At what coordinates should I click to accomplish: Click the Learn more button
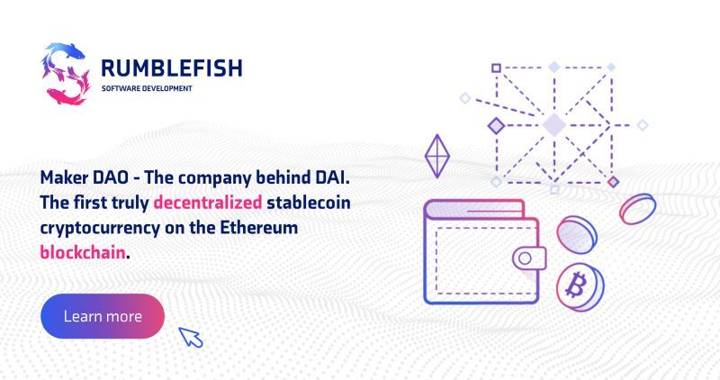coord(103,316)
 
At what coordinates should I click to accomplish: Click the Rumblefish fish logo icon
coord(65,74)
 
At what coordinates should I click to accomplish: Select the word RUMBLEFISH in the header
coord(172,68)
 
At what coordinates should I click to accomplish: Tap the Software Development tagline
coord(147,88)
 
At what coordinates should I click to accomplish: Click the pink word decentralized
coord(208,203)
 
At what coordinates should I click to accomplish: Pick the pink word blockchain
coord(83,252)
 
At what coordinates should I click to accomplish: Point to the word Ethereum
coord(259,228)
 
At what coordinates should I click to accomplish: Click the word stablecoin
coord(309,203)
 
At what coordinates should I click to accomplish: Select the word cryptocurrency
coord(100,229)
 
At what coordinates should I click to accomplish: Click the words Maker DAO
coord(85,177)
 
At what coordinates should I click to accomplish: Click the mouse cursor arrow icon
coord(191,338)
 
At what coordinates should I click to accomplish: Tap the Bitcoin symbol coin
coord(580,286)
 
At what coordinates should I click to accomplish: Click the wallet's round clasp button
coord(526,258)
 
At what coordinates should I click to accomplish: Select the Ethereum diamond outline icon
coord(437,156)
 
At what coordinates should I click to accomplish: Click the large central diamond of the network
coord(554,124)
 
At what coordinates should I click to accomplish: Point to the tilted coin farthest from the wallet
coord(637,209)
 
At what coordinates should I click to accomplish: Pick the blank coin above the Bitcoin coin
coord(577,234)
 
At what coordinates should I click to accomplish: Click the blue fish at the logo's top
coord(65,50)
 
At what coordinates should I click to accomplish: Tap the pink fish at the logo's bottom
coord(66,96)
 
